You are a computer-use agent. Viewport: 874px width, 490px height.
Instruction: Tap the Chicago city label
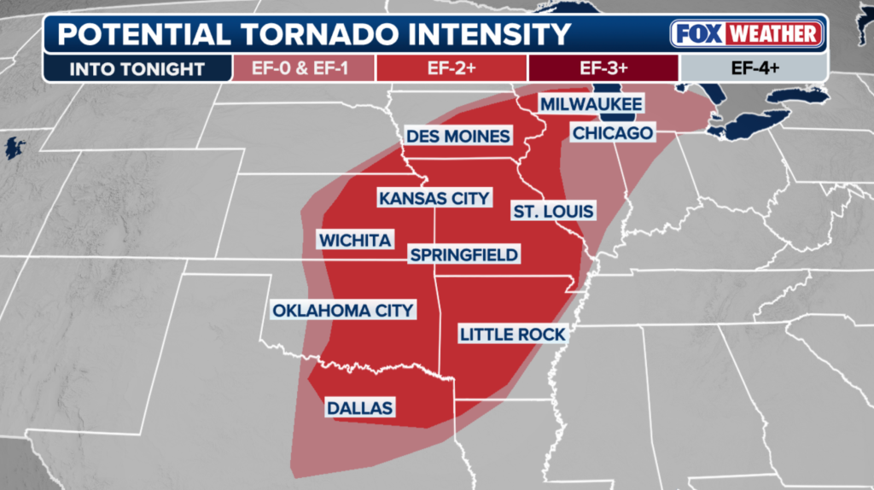tap(612, 133)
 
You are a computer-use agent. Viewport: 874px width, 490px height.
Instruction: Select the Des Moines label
tap(458, 136)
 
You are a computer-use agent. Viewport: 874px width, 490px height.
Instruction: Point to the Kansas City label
tap(434, 198)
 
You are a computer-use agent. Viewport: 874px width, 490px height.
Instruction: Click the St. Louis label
tap(553, 211)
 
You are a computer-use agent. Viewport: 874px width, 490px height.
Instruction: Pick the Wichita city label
tap(355, 241)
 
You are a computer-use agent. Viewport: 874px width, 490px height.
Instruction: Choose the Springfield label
tap(463, 254)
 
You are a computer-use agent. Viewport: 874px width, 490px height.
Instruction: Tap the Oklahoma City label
tap(343, 310)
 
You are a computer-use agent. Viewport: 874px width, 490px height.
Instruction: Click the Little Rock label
tap(512, 334)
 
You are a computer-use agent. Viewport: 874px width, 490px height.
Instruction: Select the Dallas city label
tap(359, 408)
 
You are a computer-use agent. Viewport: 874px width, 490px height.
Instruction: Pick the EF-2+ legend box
tap(452, 68)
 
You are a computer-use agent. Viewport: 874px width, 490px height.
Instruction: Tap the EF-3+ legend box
tap(603, 68)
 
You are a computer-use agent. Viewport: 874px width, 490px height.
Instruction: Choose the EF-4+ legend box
tap(752, 68)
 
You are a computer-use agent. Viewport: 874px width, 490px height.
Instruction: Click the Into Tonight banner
tap(137, 68)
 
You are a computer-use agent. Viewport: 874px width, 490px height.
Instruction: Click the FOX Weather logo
tap(748, 34)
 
